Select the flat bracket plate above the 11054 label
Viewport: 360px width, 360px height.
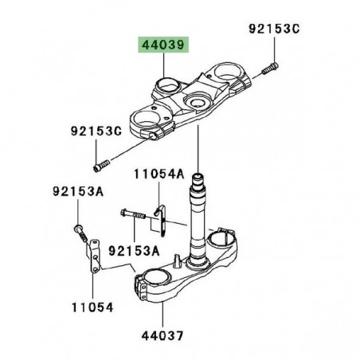tap(93, 255)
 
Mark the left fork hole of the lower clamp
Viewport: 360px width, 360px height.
tap(157, 279)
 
